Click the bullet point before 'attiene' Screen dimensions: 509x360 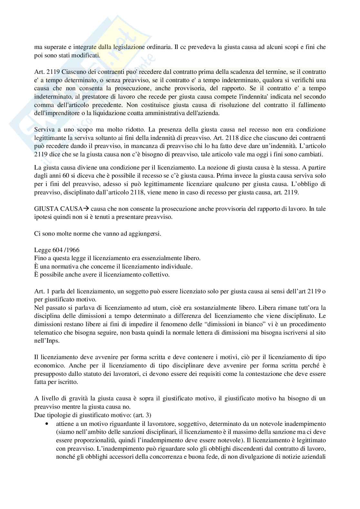pyautogui.click(x=47, y=423)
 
